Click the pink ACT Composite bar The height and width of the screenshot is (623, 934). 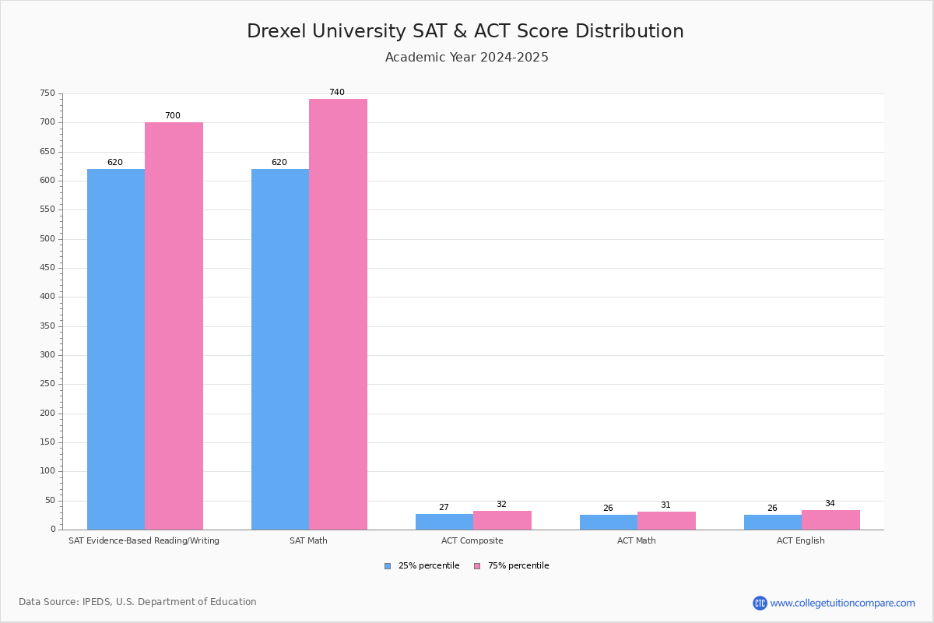click(x=502, y=520)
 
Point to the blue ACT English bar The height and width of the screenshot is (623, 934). click(x=773, y=522)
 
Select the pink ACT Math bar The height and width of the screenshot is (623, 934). click(x=666, y=520)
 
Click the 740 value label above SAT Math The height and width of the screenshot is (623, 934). click(x=336, y=93)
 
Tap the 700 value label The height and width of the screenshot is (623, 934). click(x=172, y=116)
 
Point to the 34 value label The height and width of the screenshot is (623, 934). click(x=830, y=504)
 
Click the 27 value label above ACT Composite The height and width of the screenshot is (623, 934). click(x=444, y=508)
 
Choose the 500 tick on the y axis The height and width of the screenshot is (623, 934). click(x=48, y=239)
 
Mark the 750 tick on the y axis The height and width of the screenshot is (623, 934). click(x=48, y=93)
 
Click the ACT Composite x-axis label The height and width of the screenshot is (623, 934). click(x=472, y=540)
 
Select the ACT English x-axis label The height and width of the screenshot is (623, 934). click(x=801, y=540)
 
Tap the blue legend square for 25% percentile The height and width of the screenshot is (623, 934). click(x=388, y=566)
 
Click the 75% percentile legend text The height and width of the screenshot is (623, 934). click(x=518, y=566)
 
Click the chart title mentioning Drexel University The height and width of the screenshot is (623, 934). click(x=465, y=31)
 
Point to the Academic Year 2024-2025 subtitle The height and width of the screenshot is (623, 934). click(x=467, y=58)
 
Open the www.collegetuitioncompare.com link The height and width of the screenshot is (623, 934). click(x=842, y=603)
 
